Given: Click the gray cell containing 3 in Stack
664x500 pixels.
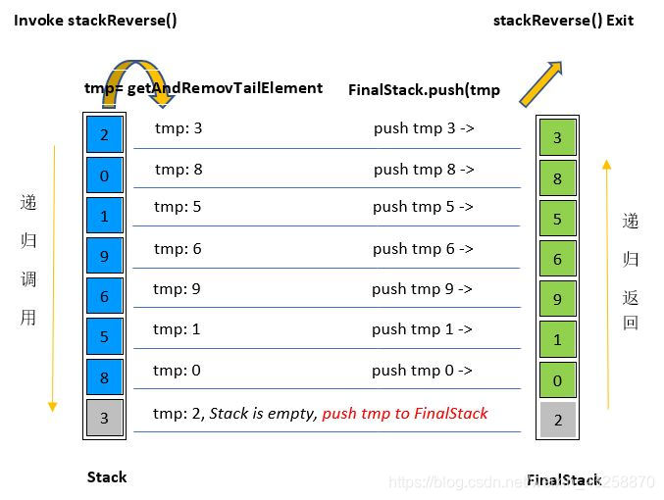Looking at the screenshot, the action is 104,419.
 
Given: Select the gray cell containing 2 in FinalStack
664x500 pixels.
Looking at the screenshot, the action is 557,421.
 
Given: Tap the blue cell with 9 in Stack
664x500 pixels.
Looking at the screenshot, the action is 104,256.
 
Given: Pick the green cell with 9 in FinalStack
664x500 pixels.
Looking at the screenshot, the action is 557,299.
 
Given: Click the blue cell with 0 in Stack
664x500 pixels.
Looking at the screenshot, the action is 104,175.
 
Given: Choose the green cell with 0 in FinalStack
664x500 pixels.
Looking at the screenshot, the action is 557,380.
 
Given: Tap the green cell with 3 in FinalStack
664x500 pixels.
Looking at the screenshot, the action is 557,137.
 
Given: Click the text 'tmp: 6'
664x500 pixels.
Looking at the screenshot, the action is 178,249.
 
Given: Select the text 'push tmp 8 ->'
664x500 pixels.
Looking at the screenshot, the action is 424,169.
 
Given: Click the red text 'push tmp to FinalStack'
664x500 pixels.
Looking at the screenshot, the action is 404,413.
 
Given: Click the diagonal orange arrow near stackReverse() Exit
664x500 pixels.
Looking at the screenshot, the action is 542,82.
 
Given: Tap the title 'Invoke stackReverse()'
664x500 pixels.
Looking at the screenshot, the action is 95,20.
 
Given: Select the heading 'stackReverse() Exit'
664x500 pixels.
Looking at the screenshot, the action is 563,20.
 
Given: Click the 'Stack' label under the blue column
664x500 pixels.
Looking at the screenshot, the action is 106,477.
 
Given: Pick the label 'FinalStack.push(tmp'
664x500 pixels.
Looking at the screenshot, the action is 424,89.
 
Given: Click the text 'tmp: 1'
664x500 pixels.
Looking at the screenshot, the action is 177,329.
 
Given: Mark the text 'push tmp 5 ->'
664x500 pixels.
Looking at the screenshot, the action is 423,207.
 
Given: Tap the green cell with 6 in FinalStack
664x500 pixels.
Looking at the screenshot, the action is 557,259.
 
